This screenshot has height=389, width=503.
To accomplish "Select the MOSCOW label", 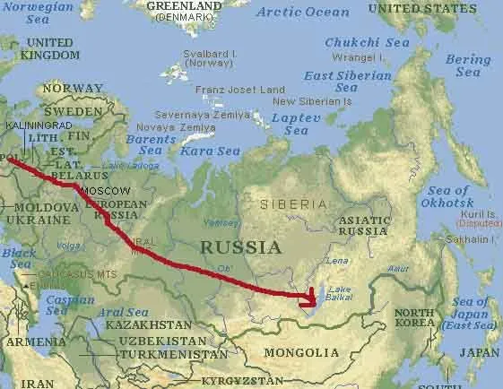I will pos(105,192).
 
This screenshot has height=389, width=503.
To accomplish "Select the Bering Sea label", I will pos(468,65).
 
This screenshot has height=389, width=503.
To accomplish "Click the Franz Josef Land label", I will pos(239,89).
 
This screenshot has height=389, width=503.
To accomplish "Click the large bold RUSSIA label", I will pos(240,246).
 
